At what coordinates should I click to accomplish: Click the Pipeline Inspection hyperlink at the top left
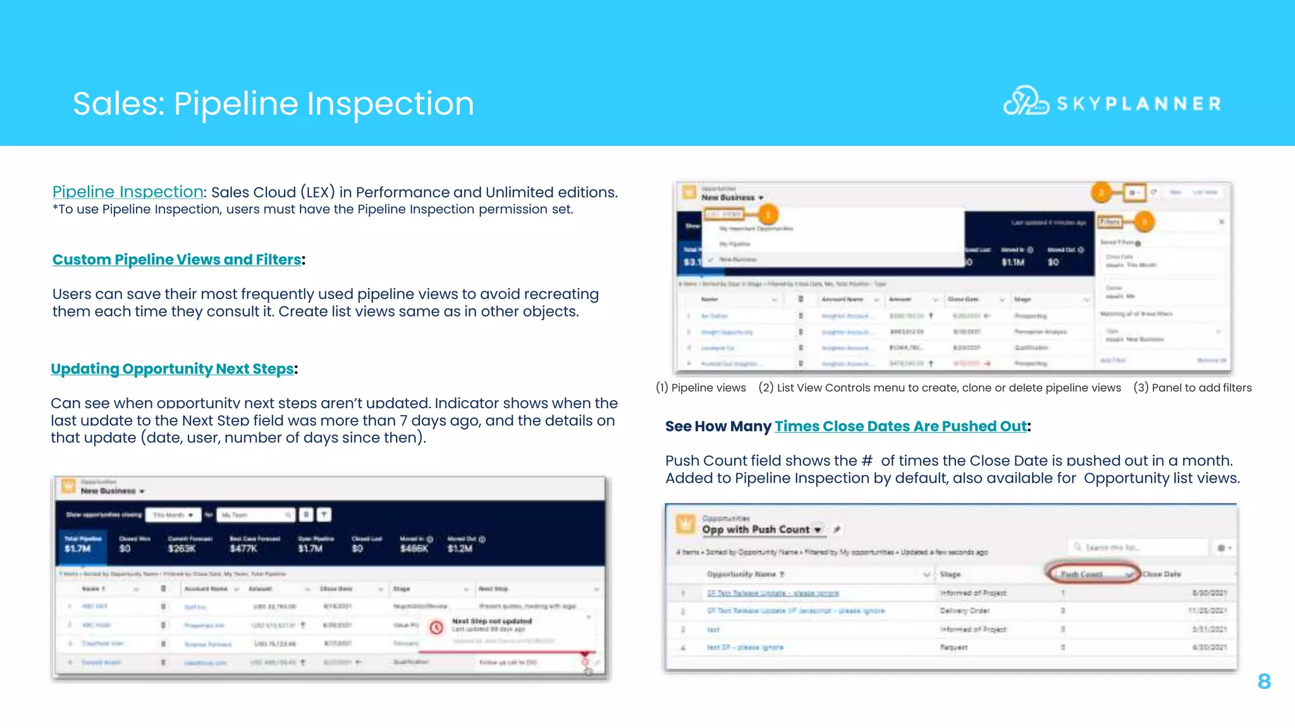coord(128,191)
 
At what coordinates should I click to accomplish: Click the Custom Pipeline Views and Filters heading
coord(176,260)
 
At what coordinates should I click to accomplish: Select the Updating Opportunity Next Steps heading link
coord(172,369)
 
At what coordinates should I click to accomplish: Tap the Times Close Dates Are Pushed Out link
coord(900,427)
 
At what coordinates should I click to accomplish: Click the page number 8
coord(1264,681)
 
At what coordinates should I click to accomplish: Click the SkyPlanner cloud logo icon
coord(1024,101)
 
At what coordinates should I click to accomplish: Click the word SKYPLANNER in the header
coord(1139,104)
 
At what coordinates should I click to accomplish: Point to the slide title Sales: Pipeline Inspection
coord(273,104)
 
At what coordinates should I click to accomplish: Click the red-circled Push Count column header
coord(1091,574)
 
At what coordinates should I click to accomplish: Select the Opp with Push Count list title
coord(756,530)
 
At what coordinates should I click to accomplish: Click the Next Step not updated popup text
coord(492,621)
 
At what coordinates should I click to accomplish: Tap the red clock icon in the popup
coord(436,627)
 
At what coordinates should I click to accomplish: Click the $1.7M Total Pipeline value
coord(78,549)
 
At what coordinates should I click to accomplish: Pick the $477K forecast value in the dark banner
coord(243,549)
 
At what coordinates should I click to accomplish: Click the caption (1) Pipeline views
coord(701,388)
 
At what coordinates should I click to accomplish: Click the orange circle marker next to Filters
coord(1143,222)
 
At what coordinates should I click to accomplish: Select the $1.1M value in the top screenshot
coord(1012,262)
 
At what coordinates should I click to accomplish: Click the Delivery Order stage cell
coord(964,610)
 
